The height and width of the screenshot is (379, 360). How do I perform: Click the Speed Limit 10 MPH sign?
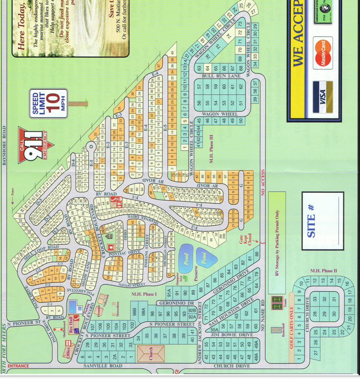(48, 103)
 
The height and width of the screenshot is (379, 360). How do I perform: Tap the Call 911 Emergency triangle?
(34, 144)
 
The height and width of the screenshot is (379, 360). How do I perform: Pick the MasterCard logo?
(322, 53)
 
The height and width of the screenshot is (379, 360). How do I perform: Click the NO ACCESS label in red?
(263, 183)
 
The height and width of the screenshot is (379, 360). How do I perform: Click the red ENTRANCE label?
(18, 366)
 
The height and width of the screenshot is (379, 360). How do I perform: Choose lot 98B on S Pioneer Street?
(134, 312)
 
